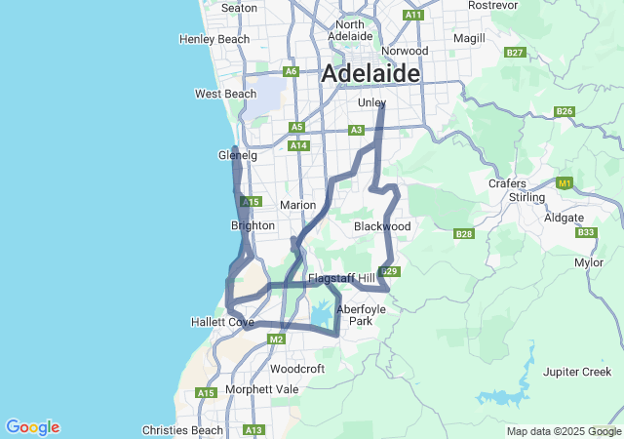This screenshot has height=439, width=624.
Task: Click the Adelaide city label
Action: point(370,73)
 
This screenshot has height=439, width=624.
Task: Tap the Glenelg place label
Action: point(236,155)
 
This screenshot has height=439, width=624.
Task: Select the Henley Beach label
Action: point(214,39)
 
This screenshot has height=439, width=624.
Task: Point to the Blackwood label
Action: point(382,226)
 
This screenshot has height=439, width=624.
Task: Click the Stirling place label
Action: point(527,197)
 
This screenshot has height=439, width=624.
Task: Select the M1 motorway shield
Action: point(564,182)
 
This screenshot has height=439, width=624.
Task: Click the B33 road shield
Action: point(586,232)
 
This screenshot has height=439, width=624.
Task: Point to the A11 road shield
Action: point(413,15)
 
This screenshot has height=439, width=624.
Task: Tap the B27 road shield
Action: point(516,52)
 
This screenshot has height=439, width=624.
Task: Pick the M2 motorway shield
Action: point(276,339)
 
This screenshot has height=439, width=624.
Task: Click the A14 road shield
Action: point(299,145)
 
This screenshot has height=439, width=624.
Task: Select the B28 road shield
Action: point(464,234)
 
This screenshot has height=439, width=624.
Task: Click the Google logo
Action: point(32,427)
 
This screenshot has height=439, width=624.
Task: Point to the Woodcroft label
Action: point(296,369)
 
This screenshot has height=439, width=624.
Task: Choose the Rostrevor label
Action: point(492,5)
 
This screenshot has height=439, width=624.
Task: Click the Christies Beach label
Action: point(182,430)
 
